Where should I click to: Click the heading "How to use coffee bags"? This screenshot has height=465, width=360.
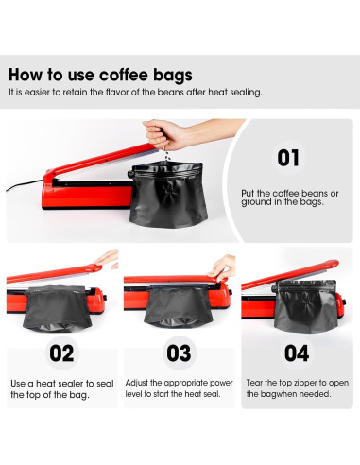click(100, 75)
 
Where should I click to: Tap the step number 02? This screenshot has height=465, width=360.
click(61, 353)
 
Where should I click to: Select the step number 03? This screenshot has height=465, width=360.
click(179, 353)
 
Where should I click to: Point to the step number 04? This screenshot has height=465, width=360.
click(296, 353)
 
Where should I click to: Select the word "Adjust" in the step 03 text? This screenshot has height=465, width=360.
click(140, 382)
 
